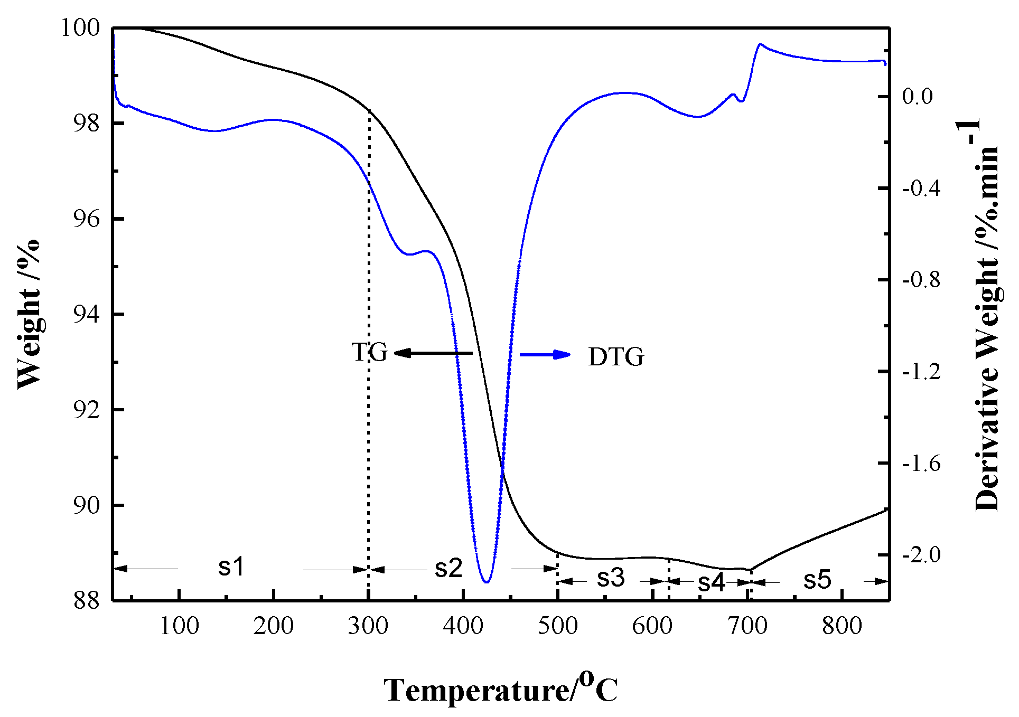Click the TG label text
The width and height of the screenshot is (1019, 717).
[x=369, y=352]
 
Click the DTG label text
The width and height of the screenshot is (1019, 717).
[x=616, y=357]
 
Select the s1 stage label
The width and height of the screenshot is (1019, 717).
[x=231, y=567]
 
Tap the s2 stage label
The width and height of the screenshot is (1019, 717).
[x=448, y=568]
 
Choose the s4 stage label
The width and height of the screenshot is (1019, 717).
[x=711, y=582]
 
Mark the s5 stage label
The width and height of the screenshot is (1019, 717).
[x=817, y=580]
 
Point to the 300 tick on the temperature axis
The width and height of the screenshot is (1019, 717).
[x=368, y=626]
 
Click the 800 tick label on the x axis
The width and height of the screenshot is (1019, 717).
[x=842, y=626]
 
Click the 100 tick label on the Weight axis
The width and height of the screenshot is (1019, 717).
[x=80, y=27]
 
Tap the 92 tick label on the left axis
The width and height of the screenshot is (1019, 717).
[x=86, y=410]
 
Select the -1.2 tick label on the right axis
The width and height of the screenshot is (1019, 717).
[x=921, y=372]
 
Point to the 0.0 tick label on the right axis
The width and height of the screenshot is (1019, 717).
[x=918, y=97]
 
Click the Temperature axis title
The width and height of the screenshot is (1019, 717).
[x=500, y=689]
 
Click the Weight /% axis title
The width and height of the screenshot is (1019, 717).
[x=29, y=314]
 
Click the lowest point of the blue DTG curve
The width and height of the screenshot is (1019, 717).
[x=487, y=582]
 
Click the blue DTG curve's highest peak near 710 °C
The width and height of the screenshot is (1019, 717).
[x=761, y=44]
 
